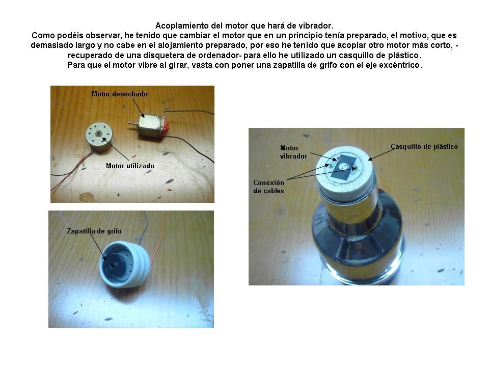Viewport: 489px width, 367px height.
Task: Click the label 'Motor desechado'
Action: [119, 94]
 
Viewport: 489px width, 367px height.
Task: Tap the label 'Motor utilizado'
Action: [130, 166]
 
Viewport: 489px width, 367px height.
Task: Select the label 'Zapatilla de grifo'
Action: [94, 231]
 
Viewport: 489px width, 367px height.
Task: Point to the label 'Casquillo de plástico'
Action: [424, 147]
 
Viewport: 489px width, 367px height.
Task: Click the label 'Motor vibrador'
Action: [293, 152]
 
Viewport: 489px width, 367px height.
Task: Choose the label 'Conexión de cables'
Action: [268, 187]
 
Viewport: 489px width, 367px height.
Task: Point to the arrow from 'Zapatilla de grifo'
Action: [98, 247]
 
